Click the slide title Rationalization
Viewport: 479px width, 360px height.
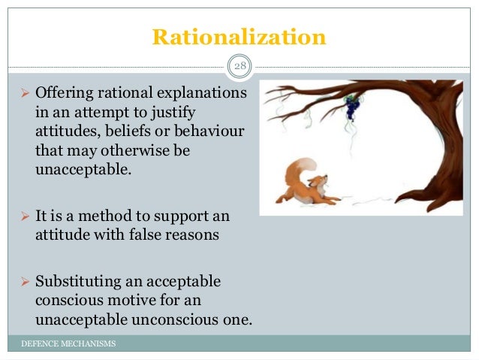(x=239, y=36)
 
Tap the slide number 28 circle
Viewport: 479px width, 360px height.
(x=239, y=68)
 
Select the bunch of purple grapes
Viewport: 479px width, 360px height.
(x=351, y=107)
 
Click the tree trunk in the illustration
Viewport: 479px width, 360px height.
(x=443, y=150)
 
